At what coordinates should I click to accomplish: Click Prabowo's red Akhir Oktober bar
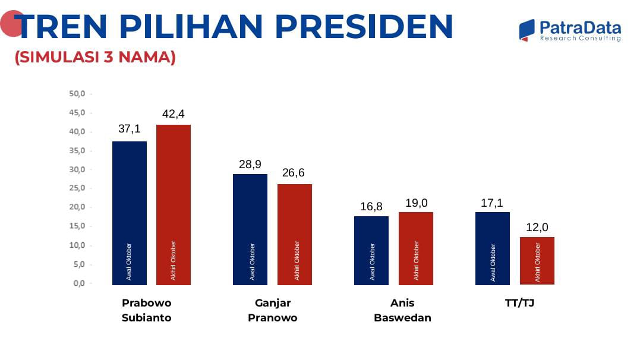(173, 204)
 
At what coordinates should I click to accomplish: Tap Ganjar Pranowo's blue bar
(250, 229)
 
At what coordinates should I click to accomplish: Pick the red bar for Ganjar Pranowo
(294, 234)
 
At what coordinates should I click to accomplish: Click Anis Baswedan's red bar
(415, 248)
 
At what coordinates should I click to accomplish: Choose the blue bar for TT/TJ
(492, 248)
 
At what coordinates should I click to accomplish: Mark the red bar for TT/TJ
(537, 260)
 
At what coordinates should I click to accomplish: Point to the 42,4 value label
(174, 113)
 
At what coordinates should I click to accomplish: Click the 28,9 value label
(250, 164)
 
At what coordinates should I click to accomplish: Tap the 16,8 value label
(371, 207)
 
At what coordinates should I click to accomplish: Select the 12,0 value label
(537, 227)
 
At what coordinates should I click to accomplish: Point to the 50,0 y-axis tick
(78, 94)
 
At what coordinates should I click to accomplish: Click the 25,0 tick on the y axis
(78, 188)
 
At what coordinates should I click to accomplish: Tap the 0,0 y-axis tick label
(79, 283)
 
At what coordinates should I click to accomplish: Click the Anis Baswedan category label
(402, 310)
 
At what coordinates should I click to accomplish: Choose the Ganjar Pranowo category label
(272, 310)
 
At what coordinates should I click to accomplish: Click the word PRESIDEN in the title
(364, 27)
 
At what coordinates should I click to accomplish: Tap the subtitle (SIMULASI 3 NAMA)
(95, 58)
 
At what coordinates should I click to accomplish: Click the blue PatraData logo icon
(526, 30)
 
